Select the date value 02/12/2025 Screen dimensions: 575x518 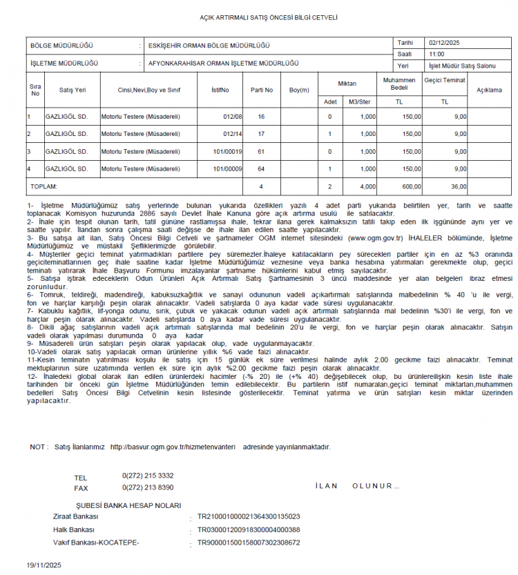click(x=443, y=42)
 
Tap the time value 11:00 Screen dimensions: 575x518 click(x=437, y=54)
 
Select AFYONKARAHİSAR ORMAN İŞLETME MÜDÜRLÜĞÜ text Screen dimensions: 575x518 click(x=224, y=63)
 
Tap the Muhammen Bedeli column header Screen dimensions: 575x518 click(x=399, y=84)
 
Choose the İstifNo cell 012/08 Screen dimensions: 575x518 click(x=233, y=117)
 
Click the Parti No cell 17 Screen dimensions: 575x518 click(x=261, y=134)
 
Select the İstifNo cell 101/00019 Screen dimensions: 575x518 click(x=228, y=151)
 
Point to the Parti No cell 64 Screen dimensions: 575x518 click(x=261, y=168)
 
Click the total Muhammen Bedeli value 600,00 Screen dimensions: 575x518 click(x=412, y=186)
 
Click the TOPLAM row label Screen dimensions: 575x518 click(x=43, y=186)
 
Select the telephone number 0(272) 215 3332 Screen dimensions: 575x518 click(x=148, y=476)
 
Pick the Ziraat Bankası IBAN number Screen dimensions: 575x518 click(x=249, y=516)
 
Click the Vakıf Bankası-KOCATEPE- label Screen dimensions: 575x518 click(x=96, y=543)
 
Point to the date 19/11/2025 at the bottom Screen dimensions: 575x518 click(x=44, y=565)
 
